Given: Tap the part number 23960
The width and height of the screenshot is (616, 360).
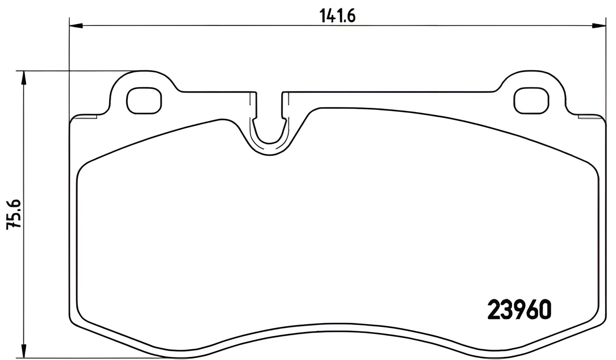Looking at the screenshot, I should click(x=519, y=310).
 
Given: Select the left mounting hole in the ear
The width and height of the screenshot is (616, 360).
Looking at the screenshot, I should click(x=144, y=100).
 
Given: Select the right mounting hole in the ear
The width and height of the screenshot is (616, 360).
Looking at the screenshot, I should click(x=532, y=100).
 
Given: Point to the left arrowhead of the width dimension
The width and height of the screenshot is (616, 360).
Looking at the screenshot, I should click(x=76, y=26).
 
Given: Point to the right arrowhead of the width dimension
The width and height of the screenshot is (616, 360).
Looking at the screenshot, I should click(x=599, y=26).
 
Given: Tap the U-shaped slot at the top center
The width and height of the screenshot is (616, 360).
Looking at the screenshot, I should click(x=269, y=128).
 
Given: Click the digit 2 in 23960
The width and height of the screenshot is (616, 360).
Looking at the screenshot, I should click(x=494, y=310).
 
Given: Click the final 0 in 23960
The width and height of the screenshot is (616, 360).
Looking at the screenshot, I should click(x=544, y=310).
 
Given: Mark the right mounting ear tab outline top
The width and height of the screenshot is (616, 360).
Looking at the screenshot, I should click(x=533, y=71).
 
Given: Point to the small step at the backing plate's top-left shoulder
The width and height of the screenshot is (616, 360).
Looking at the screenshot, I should click(x=96, y=116).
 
